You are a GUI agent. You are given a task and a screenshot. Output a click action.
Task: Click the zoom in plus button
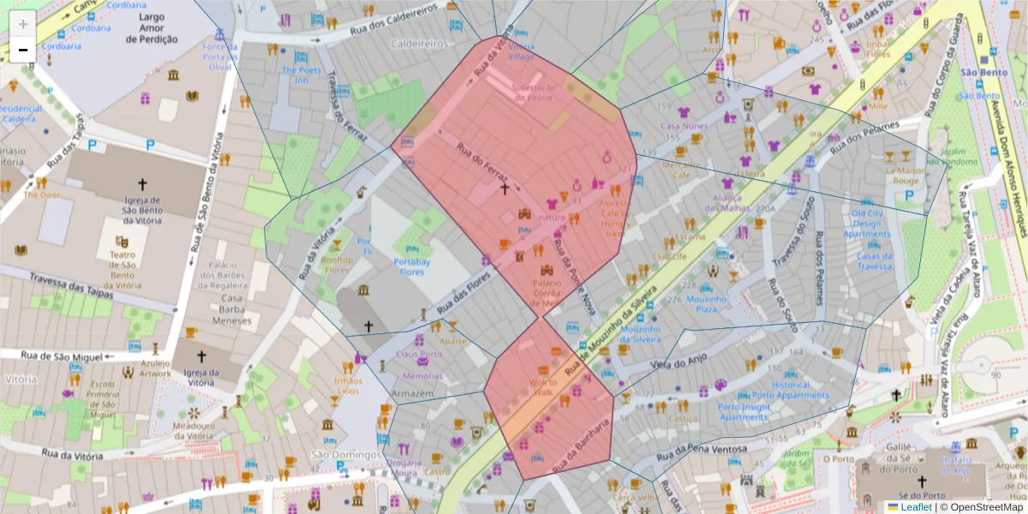(x=23, y=23)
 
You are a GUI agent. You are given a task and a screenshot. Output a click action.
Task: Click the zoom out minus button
(x=23, y=49)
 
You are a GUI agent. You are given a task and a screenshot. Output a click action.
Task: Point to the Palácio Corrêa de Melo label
(x=547, y=293)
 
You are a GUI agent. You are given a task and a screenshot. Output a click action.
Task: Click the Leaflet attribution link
(x=916, y=506)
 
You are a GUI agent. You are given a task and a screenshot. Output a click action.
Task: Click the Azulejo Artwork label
(x=155, y=368)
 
